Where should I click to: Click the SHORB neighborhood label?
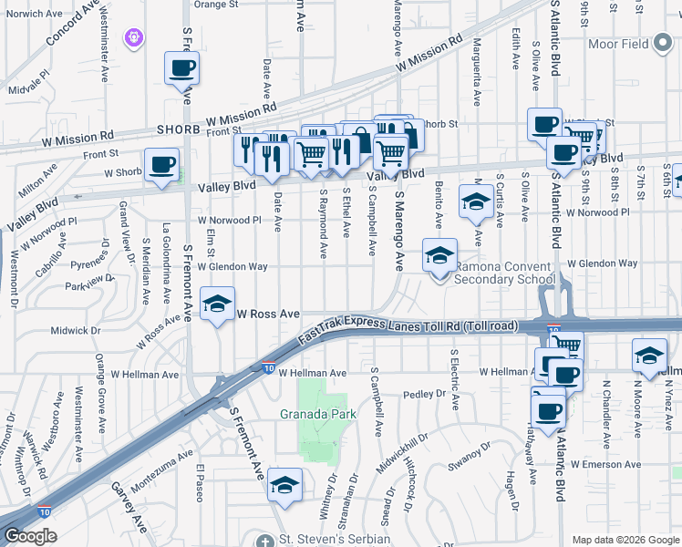pyautogui.click(x=178, y=129)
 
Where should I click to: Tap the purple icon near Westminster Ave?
pyautogui.click(x=137, y=37)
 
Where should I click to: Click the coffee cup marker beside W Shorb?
pyautogui.click(x=162, y=166)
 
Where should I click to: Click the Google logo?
pyautogui.click(x=29, y=536)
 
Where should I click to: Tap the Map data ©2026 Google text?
pyautogui.click(x=625, y=540)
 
